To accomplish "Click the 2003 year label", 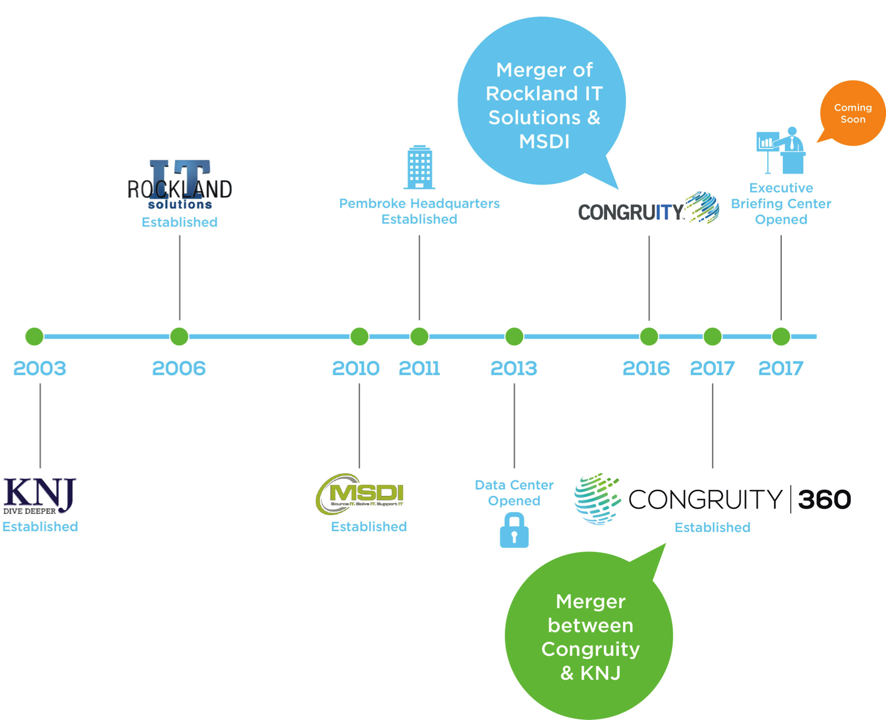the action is click(40, 369).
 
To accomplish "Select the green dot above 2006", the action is click(179, 337).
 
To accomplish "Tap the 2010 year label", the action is click(355, 369).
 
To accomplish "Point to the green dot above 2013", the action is click(514, 337).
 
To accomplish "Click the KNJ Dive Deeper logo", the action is click(40, 496).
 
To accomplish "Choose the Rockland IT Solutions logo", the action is click(180, 184).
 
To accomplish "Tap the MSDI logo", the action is click(360, 494).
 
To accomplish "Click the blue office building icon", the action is click(419, 167).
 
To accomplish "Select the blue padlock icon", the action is click(514, 530).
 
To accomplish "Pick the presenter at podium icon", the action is click(781, 150).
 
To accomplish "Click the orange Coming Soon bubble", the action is click(852, 113).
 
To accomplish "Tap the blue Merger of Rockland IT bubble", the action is click(542, 101).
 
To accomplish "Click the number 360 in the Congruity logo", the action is click(824, 500).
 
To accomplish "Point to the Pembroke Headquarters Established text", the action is click(419, 212).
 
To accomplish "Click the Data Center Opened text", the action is click(514, 493).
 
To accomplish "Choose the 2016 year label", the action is click(646, 369).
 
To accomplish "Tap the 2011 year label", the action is click(419, 369).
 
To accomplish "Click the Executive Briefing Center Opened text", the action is click(781, 204).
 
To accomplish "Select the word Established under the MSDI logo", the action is click(369, 527).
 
